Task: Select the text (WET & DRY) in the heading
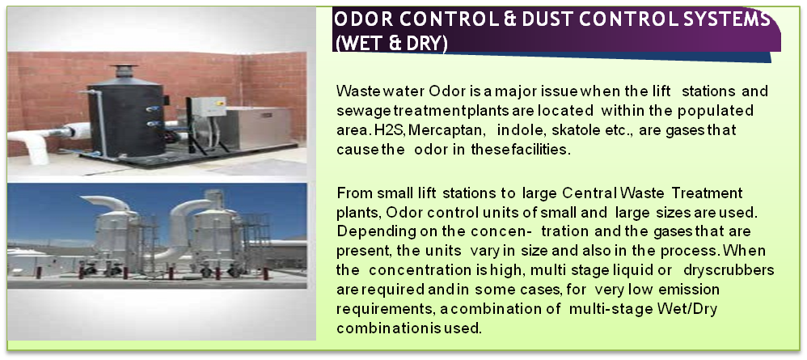point(391,43)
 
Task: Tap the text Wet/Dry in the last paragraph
point(687,310)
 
